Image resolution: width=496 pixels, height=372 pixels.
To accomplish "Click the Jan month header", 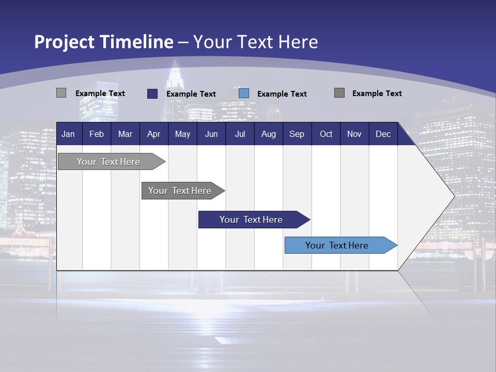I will point(68,134).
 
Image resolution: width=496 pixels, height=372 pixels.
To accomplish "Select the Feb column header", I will point(97,134).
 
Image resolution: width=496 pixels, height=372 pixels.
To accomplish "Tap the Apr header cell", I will point(153,134).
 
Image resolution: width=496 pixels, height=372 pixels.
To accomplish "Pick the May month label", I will point(182,134).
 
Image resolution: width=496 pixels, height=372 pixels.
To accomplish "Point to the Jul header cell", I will point(240,134).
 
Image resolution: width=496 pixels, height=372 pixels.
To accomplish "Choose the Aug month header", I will point(268,134).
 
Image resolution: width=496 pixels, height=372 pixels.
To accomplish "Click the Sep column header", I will point(297,134).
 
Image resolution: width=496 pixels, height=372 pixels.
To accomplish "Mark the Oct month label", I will point(326,134).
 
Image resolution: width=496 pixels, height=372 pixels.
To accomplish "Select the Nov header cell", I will point(354,134).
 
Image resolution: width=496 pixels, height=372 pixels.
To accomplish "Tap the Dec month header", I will point(383,134).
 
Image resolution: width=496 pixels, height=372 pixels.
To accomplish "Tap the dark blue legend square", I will point(152,94).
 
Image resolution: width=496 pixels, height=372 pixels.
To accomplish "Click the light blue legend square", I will point(244,94).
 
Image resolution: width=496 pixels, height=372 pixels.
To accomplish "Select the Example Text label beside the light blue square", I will point(282,94).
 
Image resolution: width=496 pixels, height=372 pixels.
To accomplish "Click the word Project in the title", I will point(65,42).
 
